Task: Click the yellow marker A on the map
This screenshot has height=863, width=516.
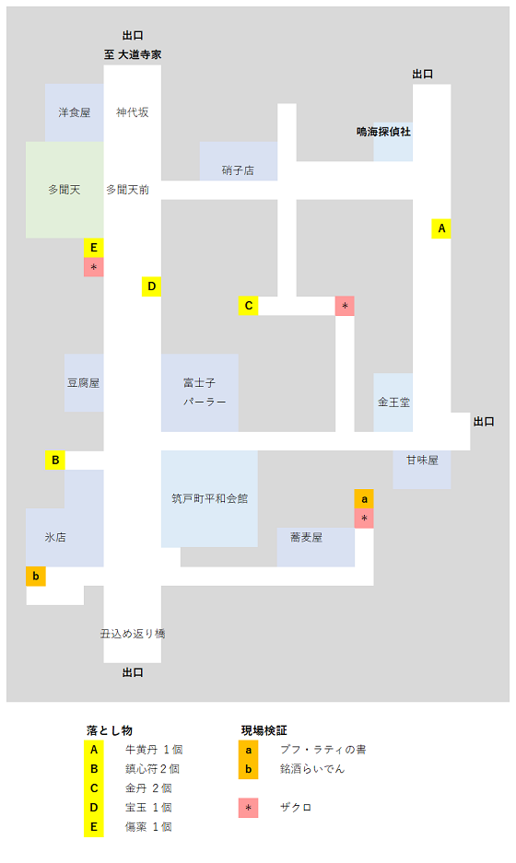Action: tap(441, 228)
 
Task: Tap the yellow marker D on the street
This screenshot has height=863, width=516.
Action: tap(151, 286)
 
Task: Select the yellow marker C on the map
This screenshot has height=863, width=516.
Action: tap(249, 306)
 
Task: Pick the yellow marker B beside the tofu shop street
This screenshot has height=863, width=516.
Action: tap(55, 461)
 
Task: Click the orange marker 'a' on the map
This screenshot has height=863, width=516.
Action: tap(364, 499)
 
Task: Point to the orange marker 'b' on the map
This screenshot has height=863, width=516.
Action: tap(36, 577)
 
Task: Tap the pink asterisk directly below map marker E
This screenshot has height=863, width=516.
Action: tap(94, 267)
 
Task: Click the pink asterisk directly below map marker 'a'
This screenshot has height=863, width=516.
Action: tap(364, 519)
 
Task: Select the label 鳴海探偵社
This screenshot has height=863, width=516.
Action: tap(383, 132)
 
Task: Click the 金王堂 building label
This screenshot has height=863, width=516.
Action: tap(393, 402)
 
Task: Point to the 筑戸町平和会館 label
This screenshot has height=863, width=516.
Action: tap(210, 498)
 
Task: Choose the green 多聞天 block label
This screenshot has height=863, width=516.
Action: tap(64, 190)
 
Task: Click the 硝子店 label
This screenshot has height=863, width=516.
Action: tap(239, 170)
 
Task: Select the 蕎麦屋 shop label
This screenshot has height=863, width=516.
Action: tap(306, 537)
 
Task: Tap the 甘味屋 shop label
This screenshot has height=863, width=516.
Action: tap(422, 461)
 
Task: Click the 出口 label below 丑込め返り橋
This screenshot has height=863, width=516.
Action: tap(133, 672)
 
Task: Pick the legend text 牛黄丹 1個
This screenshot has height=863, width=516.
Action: tap(154, 750)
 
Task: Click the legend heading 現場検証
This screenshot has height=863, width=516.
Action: tap(264, 730)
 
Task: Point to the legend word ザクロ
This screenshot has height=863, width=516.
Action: tap(296, 808)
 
